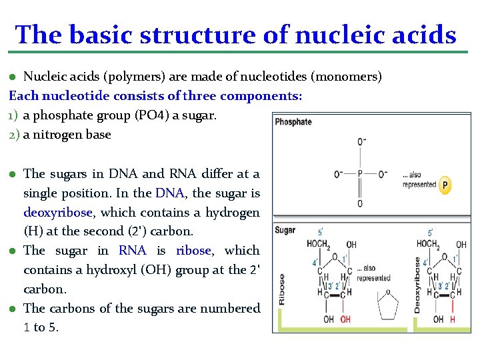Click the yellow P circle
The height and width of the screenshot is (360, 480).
446,185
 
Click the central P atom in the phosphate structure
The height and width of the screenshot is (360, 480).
360,174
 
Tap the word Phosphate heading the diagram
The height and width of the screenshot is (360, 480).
293,121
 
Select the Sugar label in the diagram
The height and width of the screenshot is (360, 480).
285,230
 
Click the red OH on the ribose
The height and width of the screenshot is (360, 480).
345,319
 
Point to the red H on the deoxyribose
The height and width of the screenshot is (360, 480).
453,319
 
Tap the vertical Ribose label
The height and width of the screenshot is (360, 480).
281,290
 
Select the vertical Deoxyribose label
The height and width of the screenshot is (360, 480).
417,285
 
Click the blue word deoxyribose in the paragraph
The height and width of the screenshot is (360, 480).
58,212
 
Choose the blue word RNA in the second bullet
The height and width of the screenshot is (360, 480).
132,251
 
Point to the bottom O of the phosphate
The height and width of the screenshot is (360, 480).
360,203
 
